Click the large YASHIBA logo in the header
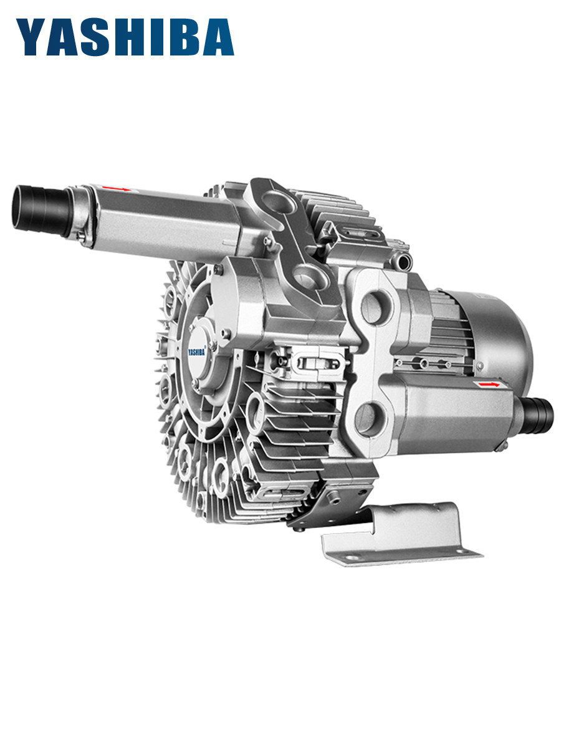125,37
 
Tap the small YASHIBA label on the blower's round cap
197,352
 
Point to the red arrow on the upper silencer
116,188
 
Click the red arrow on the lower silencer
489,385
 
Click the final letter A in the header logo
218,37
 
